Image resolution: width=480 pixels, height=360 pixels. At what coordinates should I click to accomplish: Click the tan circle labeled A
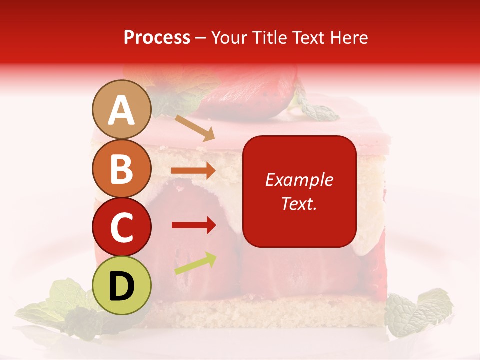click(121, 109)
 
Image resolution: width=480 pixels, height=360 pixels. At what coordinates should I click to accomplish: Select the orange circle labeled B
click(121, 168)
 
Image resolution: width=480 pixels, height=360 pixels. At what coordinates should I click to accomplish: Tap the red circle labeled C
click(121, 227)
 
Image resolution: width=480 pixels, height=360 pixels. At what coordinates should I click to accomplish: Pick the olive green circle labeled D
click(121, 285)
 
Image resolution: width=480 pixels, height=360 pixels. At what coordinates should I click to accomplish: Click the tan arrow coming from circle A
click(194, 127)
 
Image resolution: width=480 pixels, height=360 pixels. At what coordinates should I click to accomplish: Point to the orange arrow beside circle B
click(193, 171)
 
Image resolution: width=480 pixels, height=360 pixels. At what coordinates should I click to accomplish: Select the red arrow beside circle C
click(193, 225)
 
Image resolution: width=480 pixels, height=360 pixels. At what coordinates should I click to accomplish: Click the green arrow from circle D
click(195, 263)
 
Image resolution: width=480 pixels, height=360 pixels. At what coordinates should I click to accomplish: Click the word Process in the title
click(157, 38)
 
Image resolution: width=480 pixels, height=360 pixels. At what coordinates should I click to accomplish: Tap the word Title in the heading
click(265, 38)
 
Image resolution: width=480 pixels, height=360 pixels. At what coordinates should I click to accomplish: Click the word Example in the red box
click(299, 180)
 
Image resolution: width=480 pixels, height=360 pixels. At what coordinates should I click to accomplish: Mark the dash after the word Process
click(201, 38)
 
